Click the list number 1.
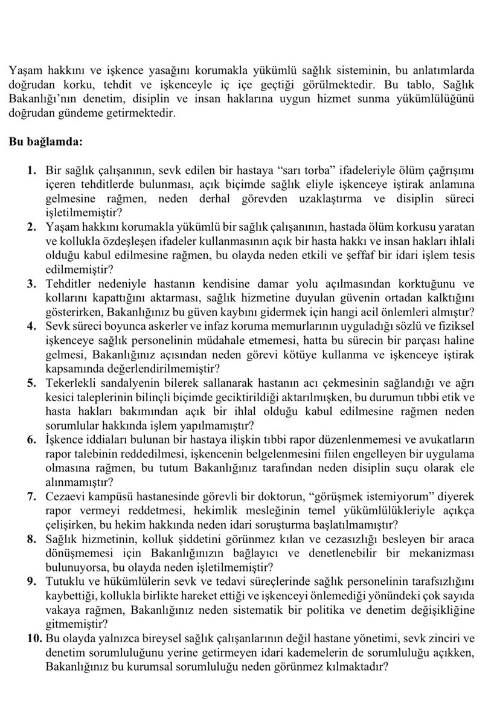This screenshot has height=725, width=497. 33,171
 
